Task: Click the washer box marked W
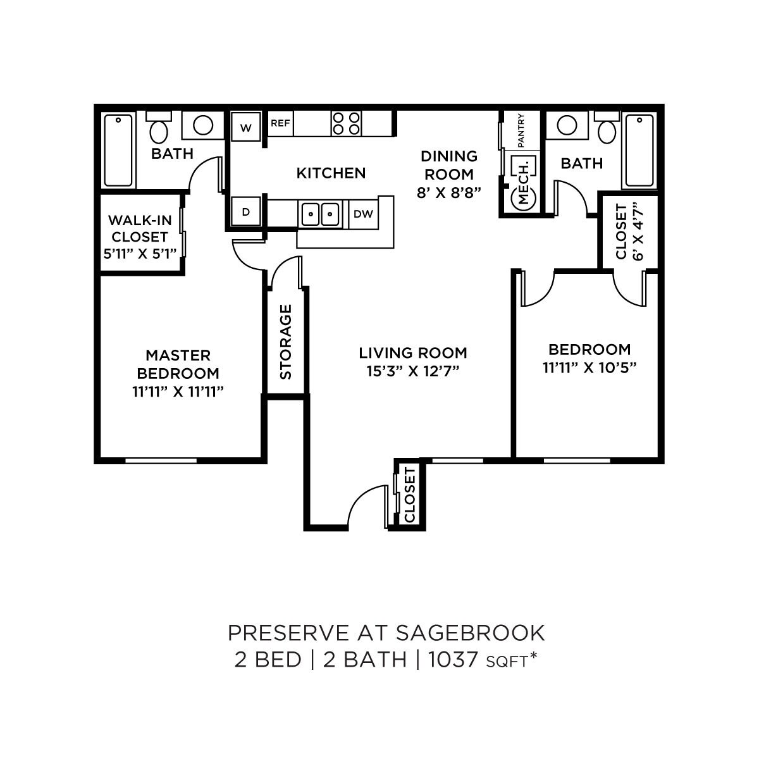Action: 246,128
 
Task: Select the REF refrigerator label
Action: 280,123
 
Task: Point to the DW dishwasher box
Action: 363,214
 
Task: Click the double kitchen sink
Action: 320,214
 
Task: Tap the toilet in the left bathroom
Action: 159,129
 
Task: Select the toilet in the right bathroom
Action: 607,129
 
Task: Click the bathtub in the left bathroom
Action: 118,150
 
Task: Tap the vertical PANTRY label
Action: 522,130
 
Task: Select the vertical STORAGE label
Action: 286,342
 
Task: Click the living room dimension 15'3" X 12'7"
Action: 412,371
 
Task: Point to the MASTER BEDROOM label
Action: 178,364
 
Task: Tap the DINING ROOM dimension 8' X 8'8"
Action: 449,192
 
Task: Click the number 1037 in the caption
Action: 454,660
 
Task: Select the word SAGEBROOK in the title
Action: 471,632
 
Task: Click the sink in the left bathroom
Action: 203,125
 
